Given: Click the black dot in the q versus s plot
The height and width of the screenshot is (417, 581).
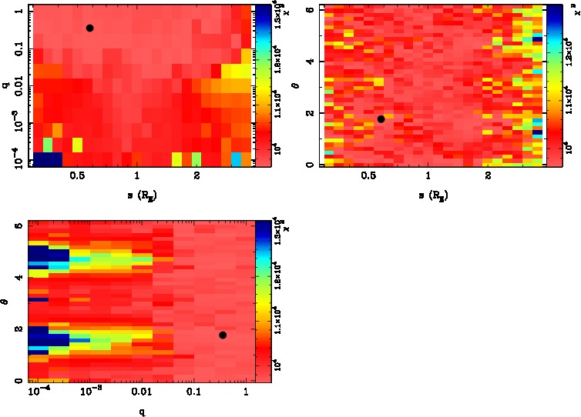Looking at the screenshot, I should [89, 28].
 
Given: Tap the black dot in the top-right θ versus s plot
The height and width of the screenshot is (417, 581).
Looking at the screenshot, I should [381, 118].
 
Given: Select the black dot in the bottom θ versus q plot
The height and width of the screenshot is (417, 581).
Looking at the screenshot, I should [223, 335].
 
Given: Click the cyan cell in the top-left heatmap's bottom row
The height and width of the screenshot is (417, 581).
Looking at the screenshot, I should [237, 158].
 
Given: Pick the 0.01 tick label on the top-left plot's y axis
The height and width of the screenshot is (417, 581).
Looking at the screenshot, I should [15, 88].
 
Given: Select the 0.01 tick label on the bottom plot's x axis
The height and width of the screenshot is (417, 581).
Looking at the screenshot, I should [142, 393].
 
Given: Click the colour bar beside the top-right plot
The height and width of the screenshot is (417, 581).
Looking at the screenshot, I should [552, 85].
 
